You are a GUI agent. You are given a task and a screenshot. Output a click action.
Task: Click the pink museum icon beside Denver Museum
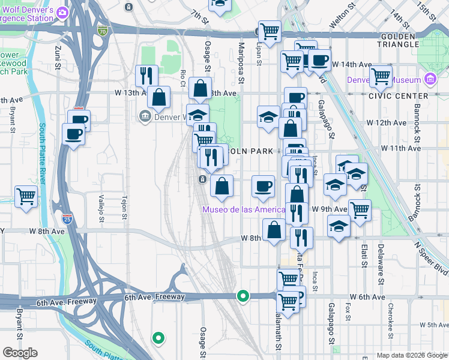coord(430,79)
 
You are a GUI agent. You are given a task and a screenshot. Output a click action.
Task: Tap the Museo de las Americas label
coord(243,209)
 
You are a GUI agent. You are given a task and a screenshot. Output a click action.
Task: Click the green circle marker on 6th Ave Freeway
coord(243,295)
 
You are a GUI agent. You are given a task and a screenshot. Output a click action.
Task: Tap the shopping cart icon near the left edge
coord(26,196)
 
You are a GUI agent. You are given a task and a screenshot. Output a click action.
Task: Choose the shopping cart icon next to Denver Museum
coord(381,76)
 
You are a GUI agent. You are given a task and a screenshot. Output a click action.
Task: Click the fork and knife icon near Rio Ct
coord(146,75)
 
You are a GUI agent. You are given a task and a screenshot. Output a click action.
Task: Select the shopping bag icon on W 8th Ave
coord(274,229)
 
